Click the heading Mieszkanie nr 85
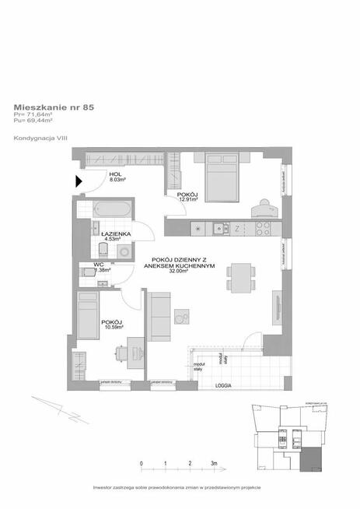click(54, 108)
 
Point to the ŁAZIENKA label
click(114, 233)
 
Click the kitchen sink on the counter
click(219, 229)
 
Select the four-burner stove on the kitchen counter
click(260, 229)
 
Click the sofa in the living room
click(159, 314)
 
